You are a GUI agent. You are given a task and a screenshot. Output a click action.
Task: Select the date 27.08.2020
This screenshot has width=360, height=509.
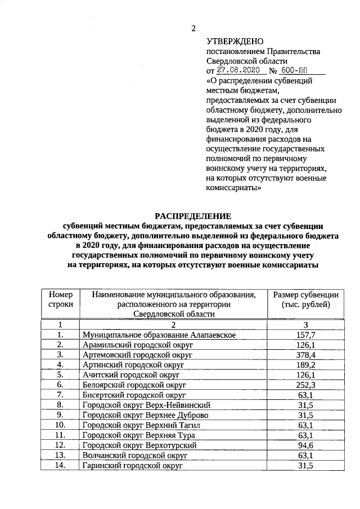(238, 71)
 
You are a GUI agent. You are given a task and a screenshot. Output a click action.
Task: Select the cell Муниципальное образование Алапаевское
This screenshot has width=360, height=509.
(159, 335)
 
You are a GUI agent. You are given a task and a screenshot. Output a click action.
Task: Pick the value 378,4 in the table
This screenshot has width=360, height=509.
(305, 355)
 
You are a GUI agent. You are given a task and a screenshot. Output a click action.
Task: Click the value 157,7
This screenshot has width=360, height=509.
(305, 335)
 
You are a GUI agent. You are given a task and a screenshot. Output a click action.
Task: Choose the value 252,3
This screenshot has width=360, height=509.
(305, 385)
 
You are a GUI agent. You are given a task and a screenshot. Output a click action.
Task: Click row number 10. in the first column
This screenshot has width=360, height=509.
(61, 425)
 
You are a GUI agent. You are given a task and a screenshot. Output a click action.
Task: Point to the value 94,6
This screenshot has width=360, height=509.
(305, 445)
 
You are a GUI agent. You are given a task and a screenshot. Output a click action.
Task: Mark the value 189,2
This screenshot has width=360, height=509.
(305, 366)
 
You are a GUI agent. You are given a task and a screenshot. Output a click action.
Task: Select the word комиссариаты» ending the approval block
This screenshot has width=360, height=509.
(233, 190)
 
